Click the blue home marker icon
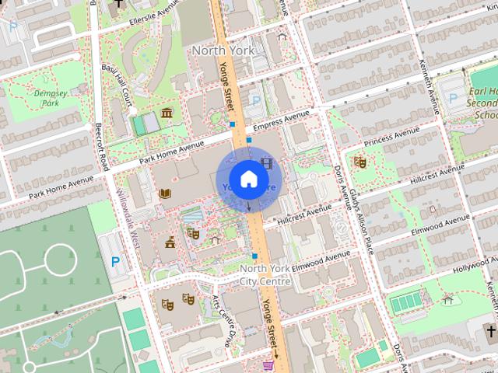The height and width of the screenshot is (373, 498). pos(248,180)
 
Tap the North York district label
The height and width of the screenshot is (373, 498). pos(223,50)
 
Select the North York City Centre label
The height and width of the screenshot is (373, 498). pos(265,274)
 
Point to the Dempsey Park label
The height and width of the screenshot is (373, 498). pos(51,97)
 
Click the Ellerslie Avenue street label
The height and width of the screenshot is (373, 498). pos(140,18)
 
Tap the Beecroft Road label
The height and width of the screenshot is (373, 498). pos(102,144)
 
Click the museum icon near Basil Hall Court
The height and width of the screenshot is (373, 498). pos(167,114)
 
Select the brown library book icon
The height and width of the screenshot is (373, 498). pos(164,193)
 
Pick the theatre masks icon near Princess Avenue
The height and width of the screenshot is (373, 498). pos(359,162)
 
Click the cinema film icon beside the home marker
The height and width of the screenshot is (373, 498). pos(268,163)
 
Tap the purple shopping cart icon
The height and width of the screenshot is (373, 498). pos(268,365)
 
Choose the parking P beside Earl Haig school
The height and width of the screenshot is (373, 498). pos(453,99)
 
